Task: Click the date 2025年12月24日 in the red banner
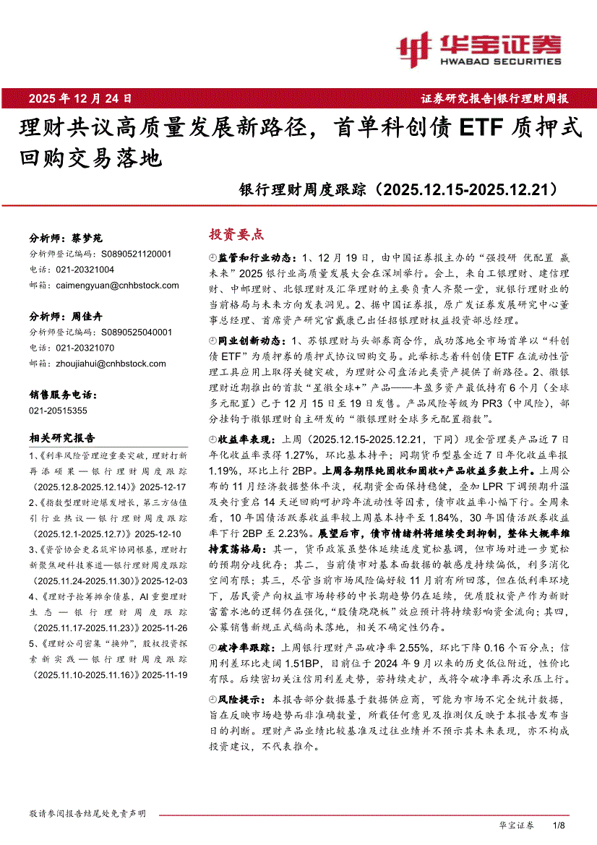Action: coord(80,97)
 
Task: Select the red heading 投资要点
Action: coord(236,234)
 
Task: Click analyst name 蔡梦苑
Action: coord(87,238)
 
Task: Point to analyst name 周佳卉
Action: coord(87,317)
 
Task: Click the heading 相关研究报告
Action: coord(62,438)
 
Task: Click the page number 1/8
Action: coord(557,825)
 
